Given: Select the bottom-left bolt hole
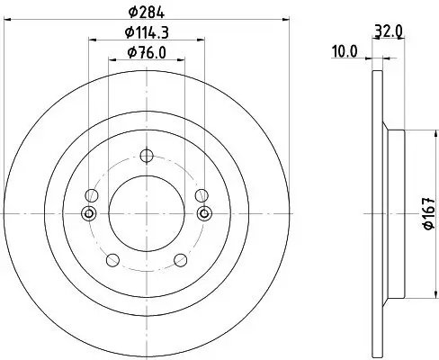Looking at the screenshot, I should point(112,261).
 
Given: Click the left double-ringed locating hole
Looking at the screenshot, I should point(88,213).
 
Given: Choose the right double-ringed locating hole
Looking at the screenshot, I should point(204,213).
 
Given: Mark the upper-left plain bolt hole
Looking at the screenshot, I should point(89,194).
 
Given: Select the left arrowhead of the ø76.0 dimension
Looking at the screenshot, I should point(112,61).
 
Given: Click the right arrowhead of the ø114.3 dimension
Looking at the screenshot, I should point(201,40).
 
